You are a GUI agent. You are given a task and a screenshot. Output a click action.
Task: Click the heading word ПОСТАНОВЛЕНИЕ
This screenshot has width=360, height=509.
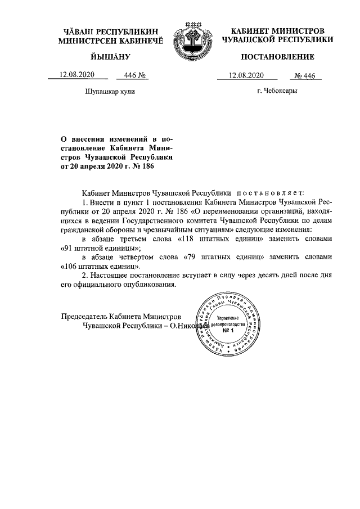click(x=278, y=57)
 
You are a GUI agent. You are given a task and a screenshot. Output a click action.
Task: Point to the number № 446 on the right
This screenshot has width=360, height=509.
click(x=308, y=76)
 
